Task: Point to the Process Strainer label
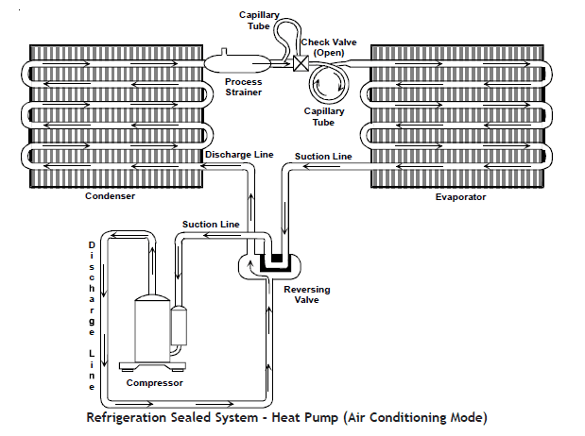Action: click(x=243, y=88)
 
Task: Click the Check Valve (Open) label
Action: click(x=328, y=48)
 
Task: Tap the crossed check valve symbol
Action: click(x=300, y=65)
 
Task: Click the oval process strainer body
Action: click(x=235, y=63)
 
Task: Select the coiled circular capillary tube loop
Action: click(x=330, y=88)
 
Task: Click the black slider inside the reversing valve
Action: click(x=277, y=258)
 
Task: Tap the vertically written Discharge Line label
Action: click(x=92, y=315)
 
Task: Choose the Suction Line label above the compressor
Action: click(x=210, y=224)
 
